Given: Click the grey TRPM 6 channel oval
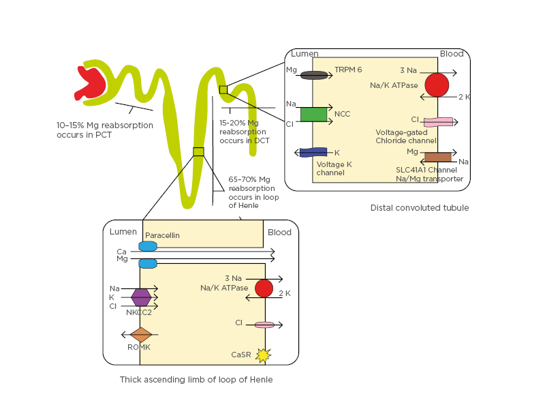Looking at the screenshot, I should [x=314, y=74].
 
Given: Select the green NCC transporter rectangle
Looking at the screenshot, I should [x=313, y=114].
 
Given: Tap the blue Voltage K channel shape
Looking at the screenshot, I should [x=313, y=152].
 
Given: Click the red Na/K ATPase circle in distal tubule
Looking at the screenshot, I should [x=437, y=85].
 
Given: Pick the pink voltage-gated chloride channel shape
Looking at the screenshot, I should [x=438, y=122].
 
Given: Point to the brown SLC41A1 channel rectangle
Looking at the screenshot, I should [x=438, y=157].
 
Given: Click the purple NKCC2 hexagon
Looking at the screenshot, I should [x=141, y=297].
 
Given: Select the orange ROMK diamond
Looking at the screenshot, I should [x=141, y=335].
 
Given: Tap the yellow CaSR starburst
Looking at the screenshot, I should [x=262, y=355].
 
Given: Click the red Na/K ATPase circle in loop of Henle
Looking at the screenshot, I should [x=264, y=288].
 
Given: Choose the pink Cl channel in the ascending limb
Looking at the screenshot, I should [x=264, y=325].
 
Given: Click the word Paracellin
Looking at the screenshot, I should [x=163, y=235].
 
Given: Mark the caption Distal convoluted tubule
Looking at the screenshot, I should [x=420, y=208].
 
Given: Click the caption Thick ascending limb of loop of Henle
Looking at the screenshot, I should [x=196, y=379].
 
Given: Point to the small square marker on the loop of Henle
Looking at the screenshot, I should [x=198, y=151].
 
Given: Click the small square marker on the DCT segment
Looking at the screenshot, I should [x=223, y=89].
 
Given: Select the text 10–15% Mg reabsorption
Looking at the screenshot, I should [x=105, y=125].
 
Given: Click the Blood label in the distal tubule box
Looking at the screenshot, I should [x=451, y=54].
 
